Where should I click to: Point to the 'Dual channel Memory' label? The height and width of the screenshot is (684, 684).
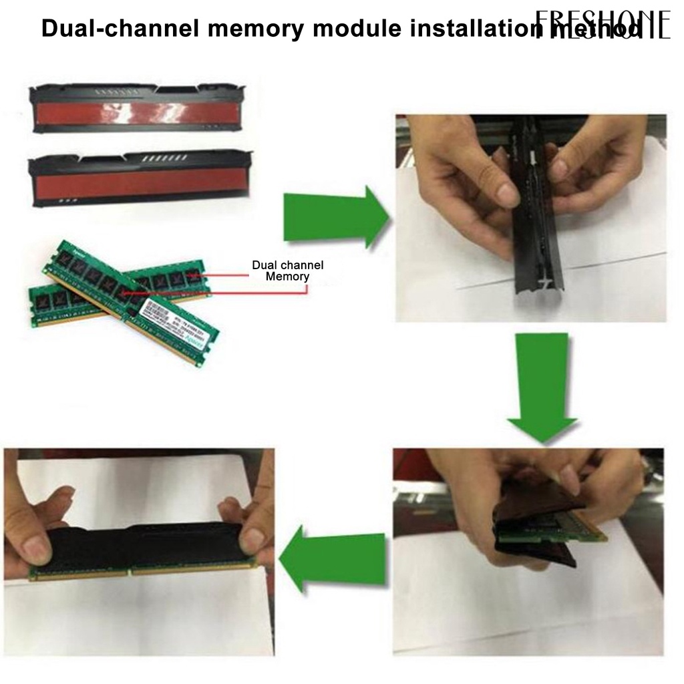(287, 271)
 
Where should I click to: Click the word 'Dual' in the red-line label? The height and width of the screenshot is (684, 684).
(265, 265)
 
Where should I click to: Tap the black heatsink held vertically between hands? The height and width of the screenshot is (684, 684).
(534, 220)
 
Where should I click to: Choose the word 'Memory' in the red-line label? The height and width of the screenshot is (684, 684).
(287, 277)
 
